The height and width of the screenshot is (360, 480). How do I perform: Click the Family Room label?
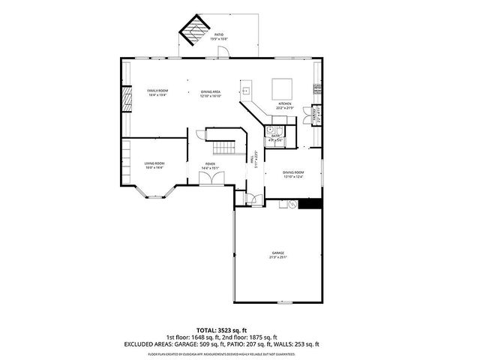point(156,93)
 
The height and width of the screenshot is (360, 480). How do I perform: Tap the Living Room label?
point(154,165)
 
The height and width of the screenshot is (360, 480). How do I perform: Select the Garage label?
point(278,255)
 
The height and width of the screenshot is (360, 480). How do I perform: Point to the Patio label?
point(219,36)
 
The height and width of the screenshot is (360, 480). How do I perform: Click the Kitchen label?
point(285,106)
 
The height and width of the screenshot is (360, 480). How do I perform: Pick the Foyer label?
point(211,166)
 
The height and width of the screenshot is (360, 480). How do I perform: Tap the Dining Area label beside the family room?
point(210,93)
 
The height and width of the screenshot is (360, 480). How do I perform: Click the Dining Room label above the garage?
point(293,175)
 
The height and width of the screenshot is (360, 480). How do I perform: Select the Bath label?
point(275,138)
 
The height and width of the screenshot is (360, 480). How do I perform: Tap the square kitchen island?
point(282,87)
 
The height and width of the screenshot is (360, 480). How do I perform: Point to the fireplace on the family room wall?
point(126,100)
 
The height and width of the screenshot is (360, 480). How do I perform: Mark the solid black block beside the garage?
point(310,203)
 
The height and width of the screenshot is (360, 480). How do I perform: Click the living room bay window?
point(157,196)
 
